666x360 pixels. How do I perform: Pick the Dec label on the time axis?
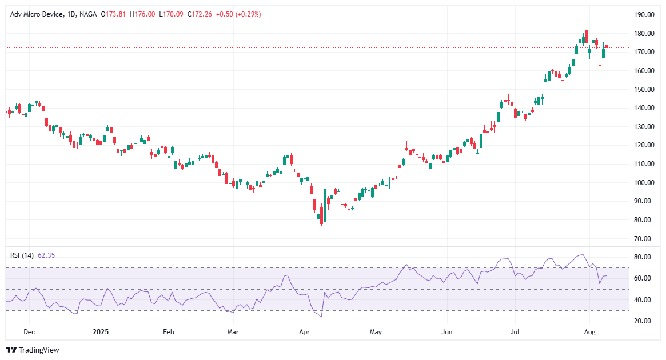click(x=30, y=331)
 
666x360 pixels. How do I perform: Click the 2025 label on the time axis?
click(x=100, y=331)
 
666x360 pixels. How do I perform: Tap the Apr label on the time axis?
click(x=304, y=331)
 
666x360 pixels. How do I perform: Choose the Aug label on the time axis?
click(x=590, y=331)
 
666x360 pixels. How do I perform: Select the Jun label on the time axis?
click(x=447, y=331)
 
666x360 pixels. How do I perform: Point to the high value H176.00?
click(x=142, y=14)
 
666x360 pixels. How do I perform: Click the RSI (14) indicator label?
click(x=22, y=255)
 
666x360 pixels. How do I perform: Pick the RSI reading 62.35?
click(x=46, y=255)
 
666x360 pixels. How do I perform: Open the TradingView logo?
click(x=33, y=350)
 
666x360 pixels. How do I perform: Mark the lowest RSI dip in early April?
click(x=321, y=317)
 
